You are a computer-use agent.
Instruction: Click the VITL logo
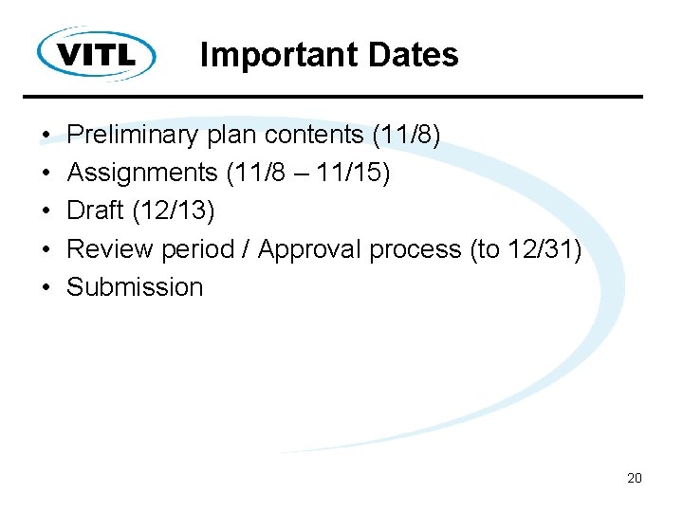[x=97, y=53]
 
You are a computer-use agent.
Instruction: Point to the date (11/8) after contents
[x=406, y=136]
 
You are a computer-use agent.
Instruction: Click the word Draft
[x=95, y=211]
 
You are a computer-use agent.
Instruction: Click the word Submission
[x=135, y=287]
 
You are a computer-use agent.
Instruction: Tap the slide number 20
[x=635, y=478]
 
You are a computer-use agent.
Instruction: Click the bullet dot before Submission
[x=46, y=288]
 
